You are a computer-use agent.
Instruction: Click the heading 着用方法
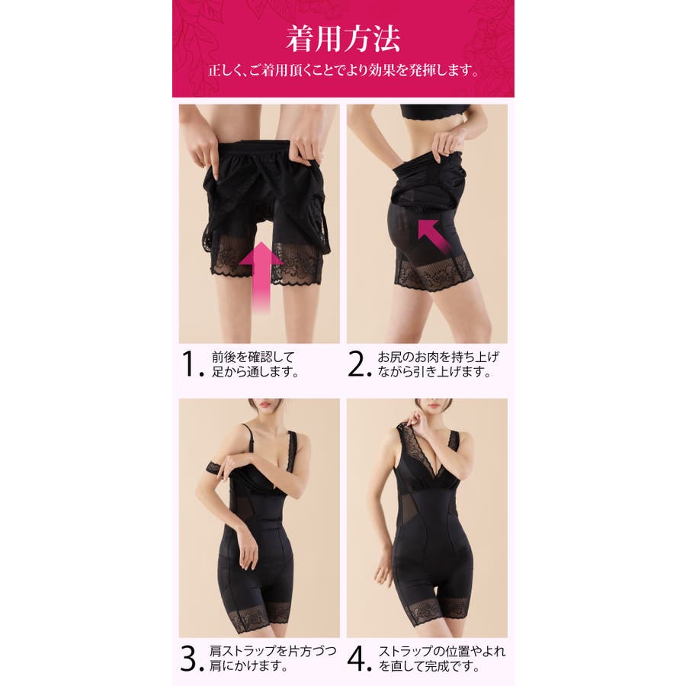[x=343, y=40]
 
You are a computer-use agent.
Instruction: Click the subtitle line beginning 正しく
[x=344, y=70]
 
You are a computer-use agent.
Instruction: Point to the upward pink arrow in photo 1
[x=262, y=277]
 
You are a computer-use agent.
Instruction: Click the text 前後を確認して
[x=253, y=357]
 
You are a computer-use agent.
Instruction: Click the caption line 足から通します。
[x=255, y=372]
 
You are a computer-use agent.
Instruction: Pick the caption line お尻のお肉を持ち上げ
[x=438, y=357]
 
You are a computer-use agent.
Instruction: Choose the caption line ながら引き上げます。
[x=434, y=372]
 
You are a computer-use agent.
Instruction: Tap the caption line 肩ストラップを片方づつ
[x=273, y=651]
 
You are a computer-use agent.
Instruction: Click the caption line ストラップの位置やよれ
[x=442, y=651]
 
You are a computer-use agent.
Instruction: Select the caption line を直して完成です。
[x=428, y=666]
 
